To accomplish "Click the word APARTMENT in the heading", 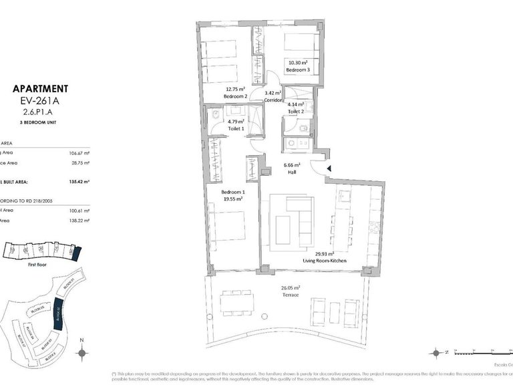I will [40, 88].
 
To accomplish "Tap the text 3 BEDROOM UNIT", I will [40, 124].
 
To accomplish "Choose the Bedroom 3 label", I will [297, 70].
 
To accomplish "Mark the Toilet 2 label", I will [295, 112].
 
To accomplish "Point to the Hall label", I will [292, 171].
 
